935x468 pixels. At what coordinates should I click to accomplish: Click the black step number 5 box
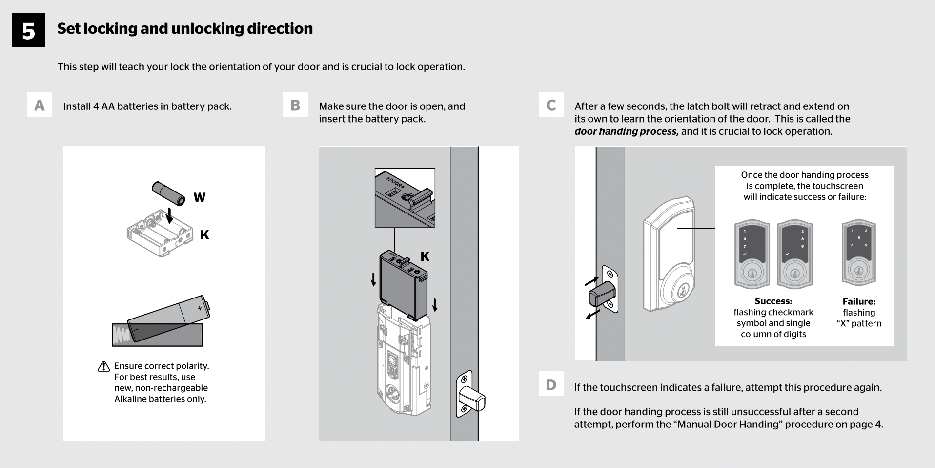point(28,30)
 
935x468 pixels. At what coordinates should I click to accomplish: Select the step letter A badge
point(40,105)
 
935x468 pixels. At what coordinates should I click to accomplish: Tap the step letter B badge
point(295,105)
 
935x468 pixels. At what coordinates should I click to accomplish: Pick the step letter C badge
point(551,105)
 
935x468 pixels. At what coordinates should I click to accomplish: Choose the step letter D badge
point(551,384)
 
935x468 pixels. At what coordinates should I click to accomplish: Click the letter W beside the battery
point(199,197)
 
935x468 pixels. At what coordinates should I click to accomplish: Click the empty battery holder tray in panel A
point(159,233)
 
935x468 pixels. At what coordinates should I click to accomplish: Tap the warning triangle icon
point(104,366)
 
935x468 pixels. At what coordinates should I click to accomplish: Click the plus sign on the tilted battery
point(200,308)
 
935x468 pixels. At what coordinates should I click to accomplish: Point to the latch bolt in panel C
point(601,295)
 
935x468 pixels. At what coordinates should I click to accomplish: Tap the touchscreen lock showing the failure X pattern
point(859,253)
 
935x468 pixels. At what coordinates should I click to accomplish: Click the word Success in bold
point(773,301)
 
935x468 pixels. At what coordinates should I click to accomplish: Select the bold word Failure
point(859,301)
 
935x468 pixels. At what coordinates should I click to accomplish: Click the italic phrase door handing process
point(626,131)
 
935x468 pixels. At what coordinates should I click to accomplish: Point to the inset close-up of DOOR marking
point(405,197)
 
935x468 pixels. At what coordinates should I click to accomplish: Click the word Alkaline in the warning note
point(132,399)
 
